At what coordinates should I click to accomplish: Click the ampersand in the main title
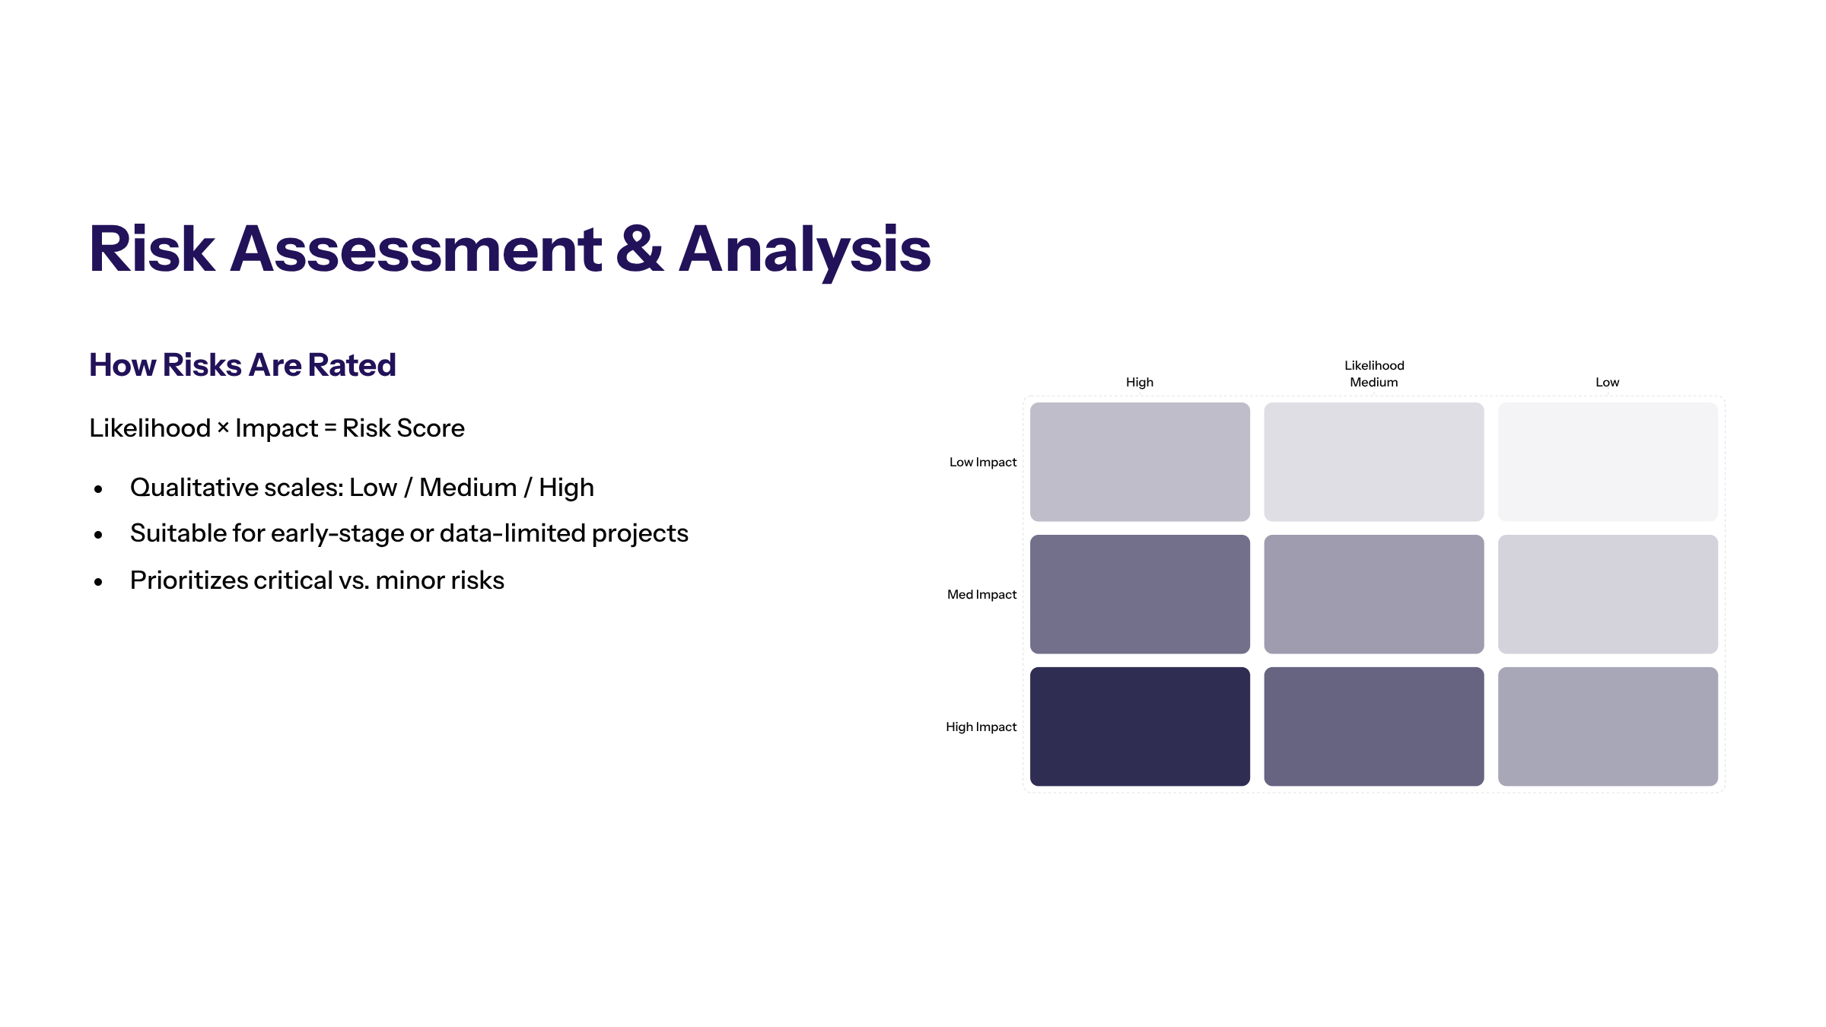(639, 249)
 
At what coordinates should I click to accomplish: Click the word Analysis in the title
(804, 251)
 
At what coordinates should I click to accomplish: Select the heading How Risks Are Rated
(243, 365)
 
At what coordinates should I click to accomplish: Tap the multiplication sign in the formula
(223, 428)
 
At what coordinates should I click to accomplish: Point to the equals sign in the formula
(330, 428)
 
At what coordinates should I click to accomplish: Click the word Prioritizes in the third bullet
(189, 580)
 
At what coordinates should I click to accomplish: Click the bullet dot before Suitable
(98, 536)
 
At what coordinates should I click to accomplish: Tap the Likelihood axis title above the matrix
(1374, 365)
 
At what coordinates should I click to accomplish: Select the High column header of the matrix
(1140, 382)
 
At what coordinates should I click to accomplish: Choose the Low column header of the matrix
(1608, 382)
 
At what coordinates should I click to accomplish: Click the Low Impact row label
(983, 462)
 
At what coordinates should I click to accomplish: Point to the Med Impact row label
(981, 594)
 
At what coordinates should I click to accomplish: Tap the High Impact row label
(981, 727)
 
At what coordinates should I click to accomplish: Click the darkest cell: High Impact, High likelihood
(1140, 727)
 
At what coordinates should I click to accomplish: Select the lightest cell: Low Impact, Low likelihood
(1608, 462)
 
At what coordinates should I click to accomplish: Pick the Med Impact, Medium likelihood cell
(1374, 594)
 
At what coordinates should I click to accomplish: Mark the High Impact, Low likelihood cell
(1608, 727)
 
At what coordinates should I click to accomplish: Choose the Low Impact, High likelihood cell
(1140, 462)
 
